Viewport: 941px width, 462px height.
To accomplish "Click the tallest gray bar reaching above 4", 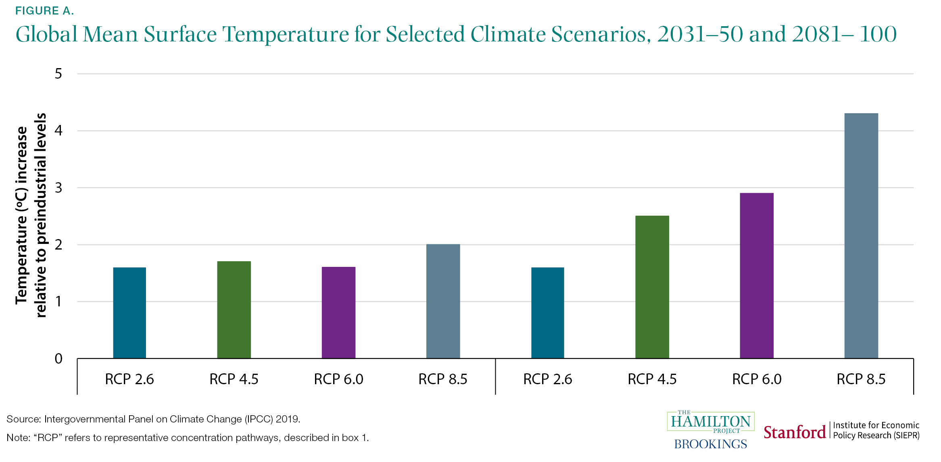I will [x=861, y=236].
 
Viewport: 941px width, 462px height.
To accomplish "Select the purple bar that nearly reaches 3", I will [x=756, y=276].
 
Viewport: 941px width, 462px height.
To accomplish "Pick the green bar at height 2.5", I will [x=652, y=287].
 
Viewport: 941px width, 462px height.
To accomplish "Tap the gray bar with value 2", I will [x=443, y=301].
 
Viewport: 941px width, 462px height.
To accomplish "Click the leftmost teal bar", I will [x=129, y=313].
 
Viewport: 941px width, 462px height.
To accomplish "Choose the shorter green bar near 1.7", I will [x=234, y=310].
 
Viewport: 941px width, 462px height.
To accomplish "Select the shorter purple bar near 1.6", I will [x=338, y=312].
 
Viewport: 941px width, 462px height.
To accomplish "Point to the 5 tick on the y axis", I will [x=58, y=74].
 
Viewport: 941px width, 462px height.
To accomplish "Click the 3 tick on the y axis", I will [x=58, y=187].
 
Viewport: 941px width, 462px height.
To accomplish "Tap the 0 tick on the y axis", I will [x=58, y=358].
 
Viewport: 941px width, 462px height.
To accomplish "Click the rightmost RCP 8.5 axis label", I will [x=861, y=379].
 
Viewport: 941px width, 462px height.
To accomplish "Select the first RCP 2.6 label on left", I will [x=129, y=379].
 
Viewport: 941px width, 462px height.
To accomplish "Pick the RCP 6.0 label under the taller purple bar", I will [x=756, y=379].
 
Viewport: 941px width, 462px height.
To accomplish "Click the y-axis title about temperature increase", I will [x=31, y=216].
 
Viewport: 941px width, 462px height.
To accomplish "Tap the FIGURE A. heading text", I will [x=44, y=11].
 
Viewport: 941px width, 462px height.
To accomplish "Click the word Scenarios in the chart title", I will [x=601, y=34].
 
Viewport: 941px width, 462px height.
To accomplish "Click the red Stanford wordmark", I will [x=794, y=433].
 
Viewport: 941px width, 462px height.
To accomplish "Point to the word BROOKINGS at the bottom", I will [x=710, y=444].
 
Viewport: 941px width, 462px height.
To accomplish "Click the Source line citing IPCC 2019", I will [x=153, y=419].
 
